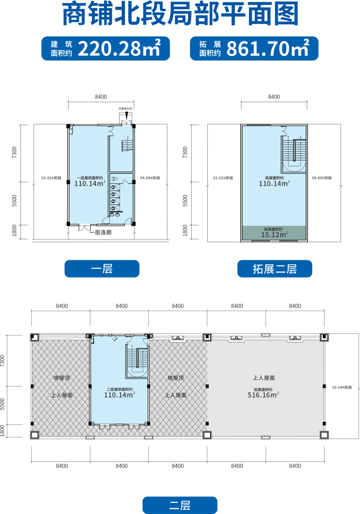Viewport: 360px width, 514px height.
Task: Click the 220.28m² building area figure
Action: pyautogui.click(x=119, y=49)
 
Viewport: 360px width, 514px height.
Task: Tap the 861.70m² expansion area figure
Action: pyautogui.click(x=268, y=49)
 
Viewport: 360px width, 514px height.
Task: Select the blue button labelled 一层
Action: pyautogui.click(x=102, y=269)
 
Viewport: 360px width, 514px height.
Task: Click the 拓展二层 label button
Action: pyautogui.click(x=274, y=269)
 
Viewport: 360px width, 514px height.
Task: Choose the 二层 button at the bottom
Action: pyautogui.click(x=180, y=505)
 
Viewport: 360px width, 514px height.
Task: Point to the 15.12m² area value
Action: pyautogui.click(x=274, y=235)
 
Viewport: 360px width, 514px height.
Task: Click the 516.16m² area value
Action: pyautogui.click(x=263, y=395)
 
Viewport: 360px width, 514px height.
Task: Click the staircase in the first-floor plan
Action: pyautogui.click(x=127, y=145)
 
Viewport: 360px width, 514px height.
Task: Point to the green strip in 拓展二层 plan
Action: pyautogui.click(x=274, y=233)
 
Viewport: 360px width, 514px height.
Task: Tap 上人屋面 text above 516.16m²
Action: pyautogui.click(x=264, y=378)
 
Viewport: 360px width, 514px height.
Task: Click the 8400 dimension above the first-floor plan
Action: pyautogui.click(x=101, y=97)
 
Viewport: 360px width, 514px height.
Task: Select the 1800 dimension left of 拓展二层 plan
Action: pyautogui.click(x=185, y=230)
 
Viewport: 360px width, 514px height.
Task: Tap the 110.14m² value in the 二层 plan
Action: pyautogui.click(x=119, y=395)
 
